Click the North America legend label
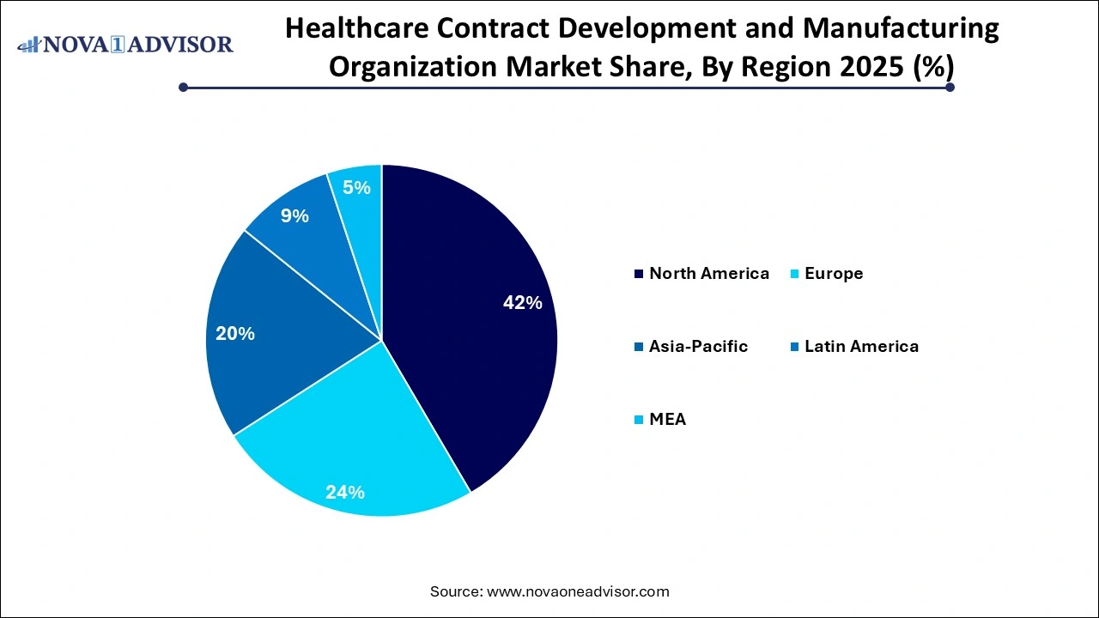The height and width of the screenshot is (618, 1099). click(709, 274)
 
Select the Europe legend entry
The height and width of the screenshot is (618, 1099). click(834, 274)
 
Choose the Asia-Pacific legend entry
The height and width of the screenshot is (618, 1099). click(698, 347)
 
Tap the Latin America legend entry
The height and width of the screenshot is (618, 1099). click(861, 347)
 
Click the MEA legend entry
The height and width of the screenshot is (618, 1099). click(667, 420)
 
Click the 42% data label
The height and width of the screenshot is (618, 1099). click(522, 303)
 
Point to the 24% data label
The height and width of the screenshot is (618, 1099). click(345, 493)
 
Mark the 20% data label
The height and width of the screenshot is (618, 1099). click(235, 334)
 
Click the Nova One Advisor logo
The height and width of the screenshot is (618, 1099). click(125, 44)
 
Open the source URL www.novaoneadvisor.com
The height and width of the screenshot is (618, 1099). click(578, 591)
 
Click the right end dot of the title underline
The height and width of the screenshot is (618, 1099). click(950, 87)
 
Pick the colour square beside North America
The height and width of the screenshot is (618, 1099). click(638, 275)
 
